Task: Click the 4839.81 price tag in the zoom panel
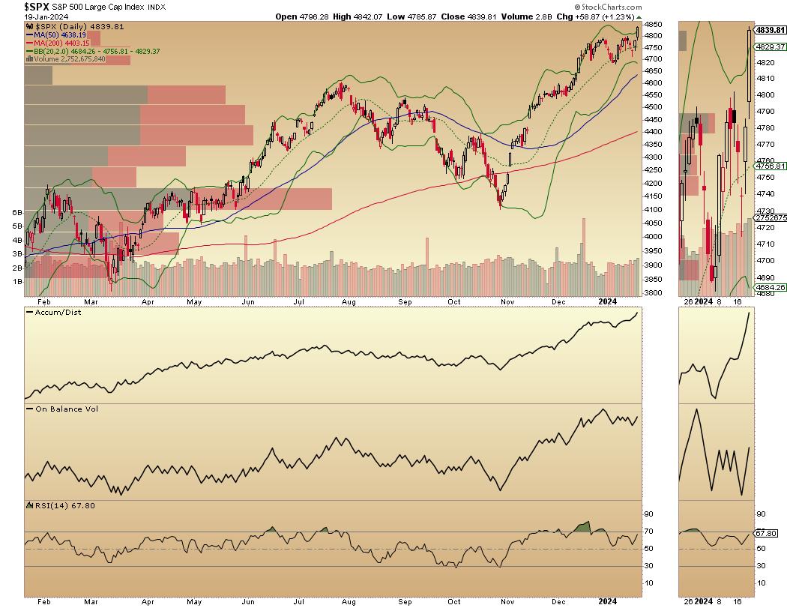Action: click(x=769, y=31)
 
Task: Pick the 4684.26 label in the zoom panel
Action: click(x=769, y=287)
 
